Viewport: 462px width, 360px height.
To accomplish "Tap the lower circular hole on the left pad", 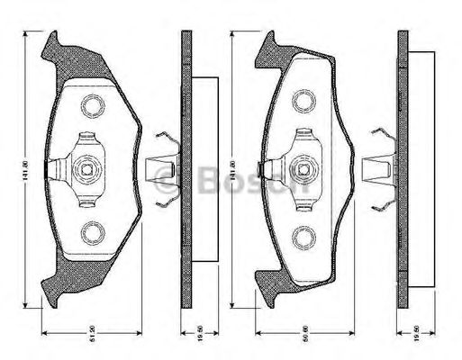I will click(x=91, y=234).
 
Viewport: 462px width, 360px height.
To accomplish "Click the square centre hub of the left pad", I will click(x=88, y=167).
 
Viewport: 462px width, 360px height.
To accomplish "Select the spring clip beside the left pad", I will click(x=160, y=168).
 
